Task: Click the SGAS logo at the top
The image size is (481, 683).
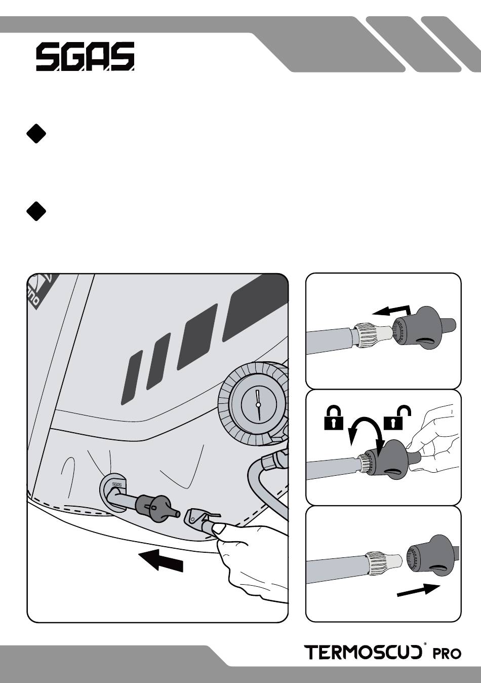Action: (85, 56)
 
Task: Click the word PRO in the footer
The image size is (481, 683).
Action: (447, 654)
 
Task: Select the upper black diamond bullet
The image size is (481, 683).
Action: (36, 134)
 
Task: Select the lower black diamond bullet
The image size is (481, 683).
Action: (36, 211)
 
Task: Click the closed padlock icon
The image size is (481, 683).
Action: (334, 418)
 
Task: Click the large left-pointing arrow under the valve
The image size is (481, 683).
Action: (161, 560)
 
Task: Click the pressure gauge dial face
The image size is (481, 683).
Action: (258, 405)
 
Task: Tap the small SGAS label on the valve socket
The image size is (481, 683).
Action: (116, 484)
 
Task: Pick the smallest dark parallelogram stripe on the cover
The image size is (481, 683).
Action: (132, 377)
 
